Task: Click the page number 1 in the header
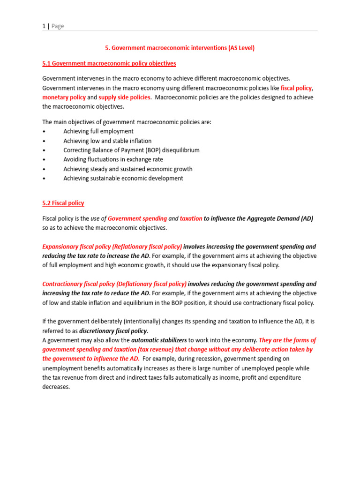44,26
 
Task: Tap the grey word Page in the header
58,26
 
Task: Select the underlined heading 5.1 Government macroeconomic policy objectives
109,63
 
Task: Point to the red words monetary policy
64,97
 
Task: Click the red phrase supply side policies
125,97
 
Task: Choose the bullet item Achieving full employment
98,131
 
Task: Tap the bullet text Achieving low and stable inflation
107,141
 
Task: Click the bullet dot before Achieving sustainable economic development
44,179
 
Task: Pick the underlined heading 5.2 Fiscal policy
63,203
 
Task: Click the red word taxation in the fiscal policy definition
191,218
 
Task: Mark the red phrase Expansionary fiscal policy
76,247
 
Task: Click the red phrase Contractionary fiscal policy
78,284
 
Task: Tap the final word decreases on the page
56,387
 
